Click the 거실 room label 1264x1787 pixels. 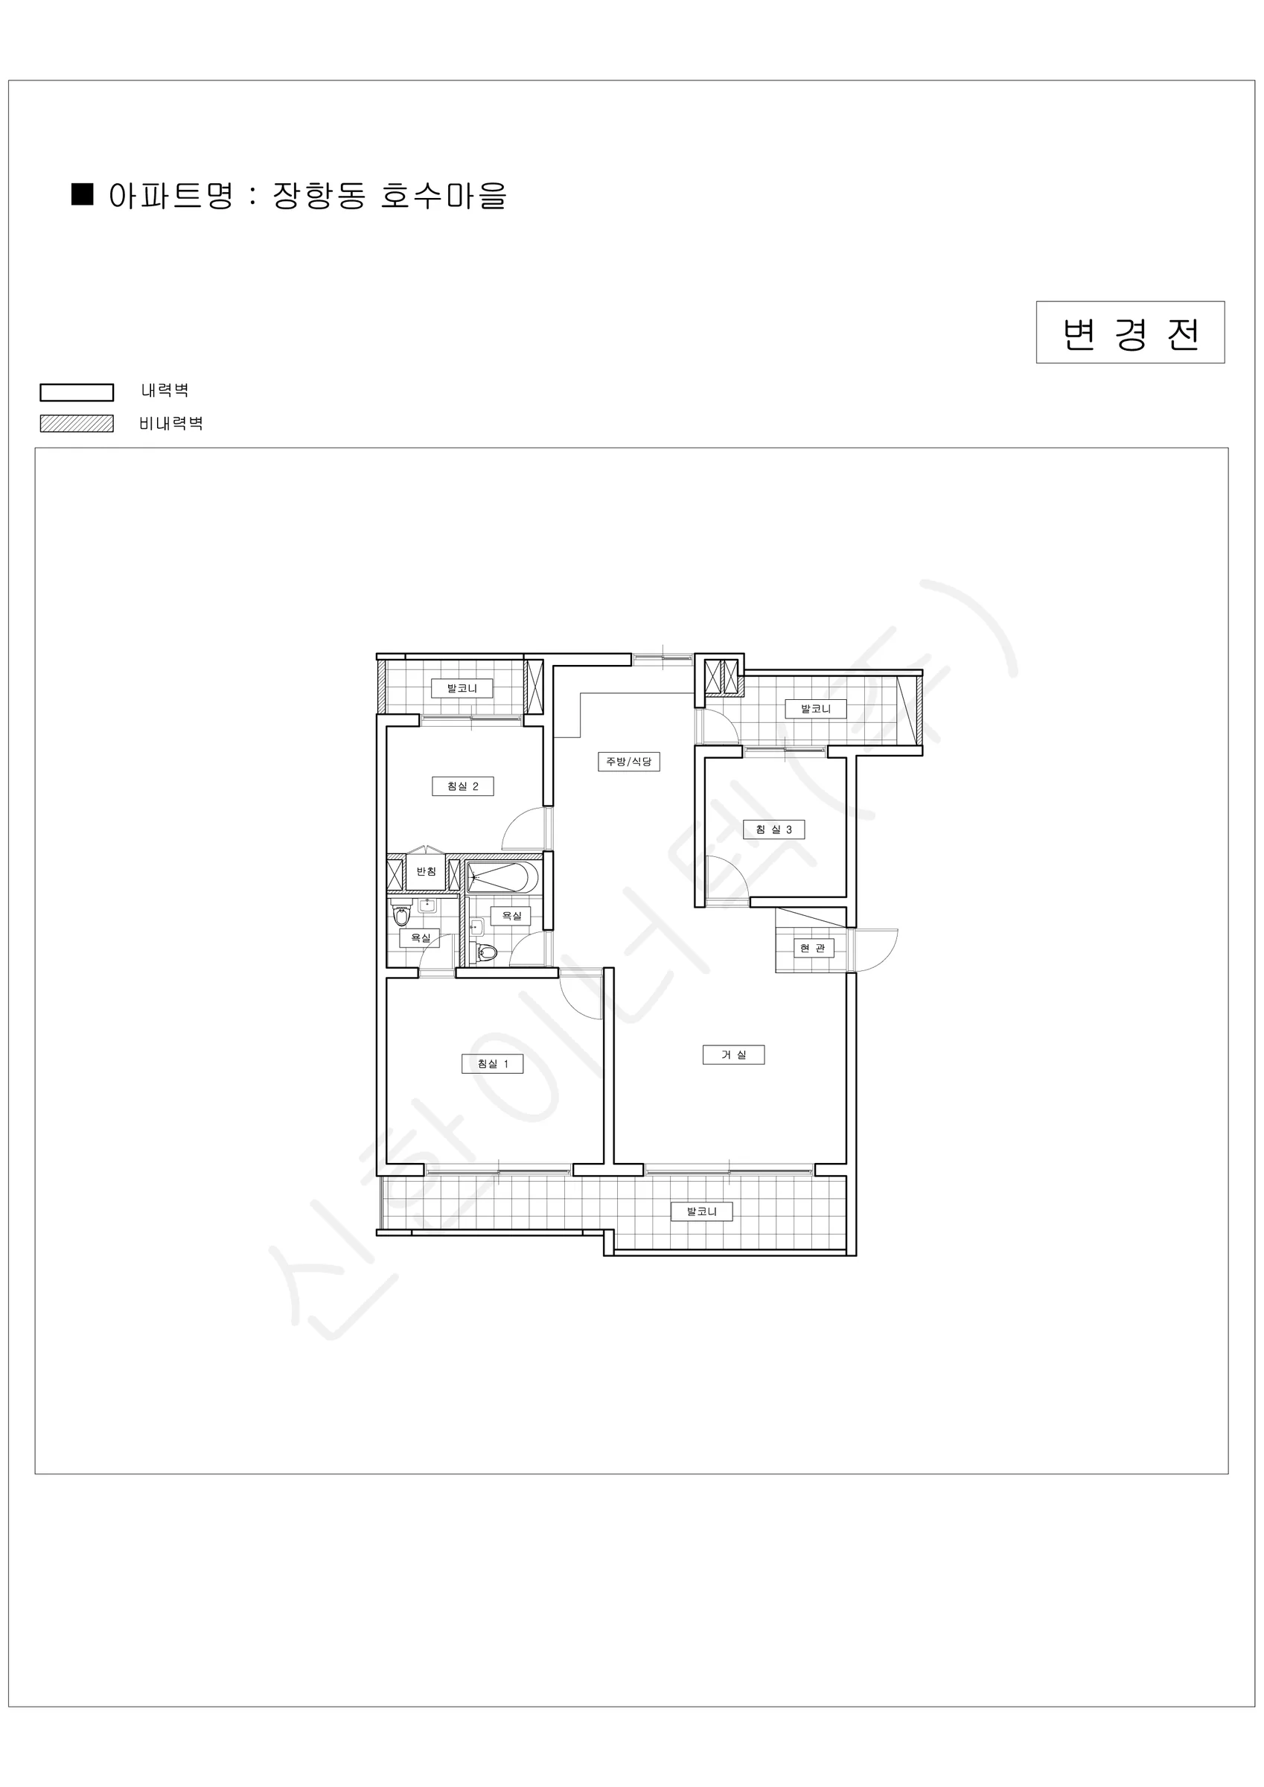pyautogui.click(x=733, y=1054)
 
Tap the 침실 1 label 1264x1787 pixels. pyautogui.click(x=492, y=1064)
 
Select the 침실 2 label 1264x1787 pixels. pyautogui.click(x=462, y=786)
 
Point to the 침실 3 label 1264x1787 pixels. pyautogui.click(x=773, y=829)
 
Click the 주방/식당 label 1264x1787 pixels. pyautogui.click(x=629, y=761)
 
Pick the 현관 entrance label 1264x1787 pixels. pyautogui.click(x=814, y=948)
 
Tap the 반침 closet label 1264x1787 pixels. pyautogui.click(x=426, y=872)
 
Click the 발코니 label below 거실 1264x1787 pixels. pyautogui.click(x=701, y=1211)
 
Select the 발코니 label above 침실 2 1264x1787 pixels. pyautogui.click(x=462, y=688)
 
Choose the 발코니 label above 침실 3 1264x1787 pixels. pyautogui.click(x=816, y=709)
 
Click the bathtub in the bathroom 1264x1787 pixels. pyautogui.click(x=502, y=877)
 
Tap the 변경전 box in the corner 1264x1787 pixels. pyautogui.click(x=1130, y=332)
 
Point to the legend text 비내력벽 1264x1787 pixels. pyautogui.click(x=171, y=424)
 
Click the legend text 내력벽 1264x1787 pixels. pyautogui.click(x=165, y=390)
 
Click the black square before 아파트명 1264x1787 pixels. pyautogui.click(x=83, y=194)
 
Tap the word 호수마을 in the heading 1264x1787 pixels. pyautogui.click(x=444, y=195)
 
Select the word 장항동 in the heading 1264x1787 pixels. pyautogui.click(x=319, y=195)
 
